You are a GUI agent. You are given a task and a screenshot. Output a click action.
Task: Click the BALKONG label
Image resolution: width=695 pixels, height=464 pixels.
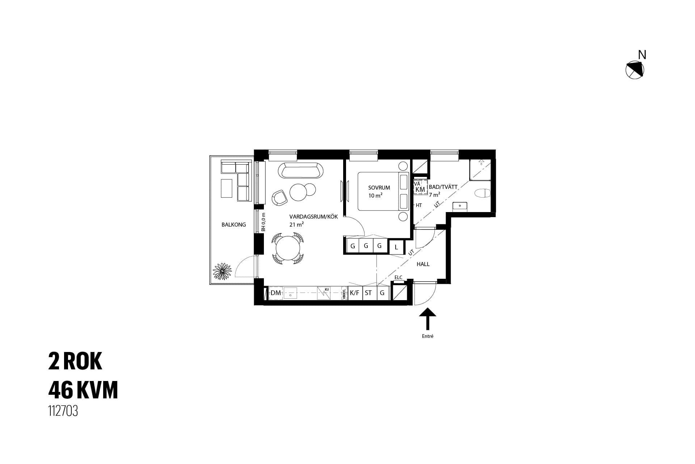click(233, 225)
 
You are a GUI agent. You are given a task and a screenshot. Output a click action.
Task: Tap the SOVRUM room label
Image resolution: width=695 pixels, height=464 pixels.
click(379, 188)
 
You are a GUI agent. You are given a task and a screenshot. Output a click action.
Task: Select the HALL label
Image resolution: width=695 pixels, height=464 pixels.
click(423, 264)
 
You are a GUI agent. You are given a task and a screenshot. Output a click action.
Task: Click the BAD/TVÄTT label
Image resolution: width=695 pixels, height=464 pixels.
click(443, 187)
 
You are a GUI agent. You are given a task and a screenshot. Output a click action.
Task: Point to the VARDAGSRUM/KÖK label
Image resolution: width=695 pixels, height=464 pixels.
click(313, 217)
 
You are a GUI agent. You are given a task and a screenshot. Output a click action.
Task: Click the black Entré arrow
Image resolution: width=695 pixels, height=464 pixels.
click(427, 319)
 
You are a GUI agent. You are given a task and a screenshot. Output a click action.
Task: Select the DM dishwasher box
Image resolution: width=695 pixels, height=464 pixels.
click(276, 293)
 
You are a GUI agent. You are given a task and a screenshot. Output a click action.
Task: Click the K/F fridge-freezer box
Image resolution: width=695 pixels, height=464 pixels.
click(355, 293)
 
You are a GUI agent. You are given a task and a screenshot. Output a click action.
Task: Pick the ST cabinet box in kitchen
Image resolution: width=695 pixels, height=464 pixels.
click(368, 293)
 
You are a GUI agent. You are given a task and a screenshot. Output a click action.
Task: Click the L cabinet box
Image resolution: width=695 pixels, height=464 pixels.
click(396, 247)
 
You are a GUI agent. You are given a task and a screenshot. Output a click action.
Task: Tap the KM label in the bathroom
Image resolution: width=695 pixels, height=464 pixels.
click(420, 190)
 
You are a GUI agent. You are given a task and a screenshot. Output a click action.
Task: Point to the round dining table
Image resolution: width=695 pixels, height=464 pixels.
click(288, 248)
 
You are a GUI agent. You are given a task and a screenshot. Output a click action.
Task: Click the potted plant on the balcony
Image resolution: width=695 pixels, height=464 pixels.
click(222, 272)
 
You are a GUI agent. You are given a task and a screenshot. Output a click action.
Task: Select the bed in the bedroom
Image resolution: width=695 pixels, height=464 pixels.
click(383, 191)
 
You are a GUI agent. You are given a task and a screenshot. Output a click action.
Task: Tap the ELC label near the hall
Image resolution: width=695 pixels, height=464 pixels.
click(398, 278)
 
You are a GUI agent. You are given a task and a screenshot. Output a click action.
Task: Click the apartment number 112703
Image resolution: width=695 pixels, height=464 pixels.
click(63, 411)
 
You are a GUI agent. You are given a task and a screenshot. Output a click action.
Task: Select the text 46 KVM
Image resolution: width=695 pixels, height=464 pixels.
click(83, 390)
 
